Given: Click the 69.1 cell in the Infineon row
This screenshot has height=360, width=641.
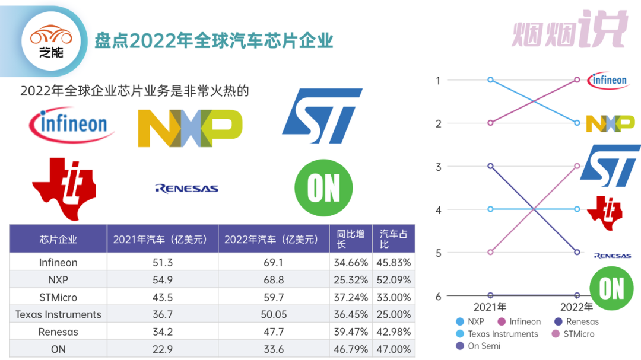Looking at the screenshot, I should pos(274,262).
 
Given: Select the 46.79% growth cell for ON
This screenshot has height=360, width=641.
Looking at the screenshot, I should pos(350,349).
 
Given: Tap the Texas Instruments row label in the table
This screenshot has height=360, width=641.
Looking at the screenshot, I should pos(58,314).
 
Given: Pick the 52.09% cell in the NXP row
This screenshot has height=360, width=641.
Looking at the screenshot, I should pos(394,279).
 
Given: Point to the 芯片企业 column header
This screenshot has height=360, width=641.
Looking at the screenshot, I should pos(58,240).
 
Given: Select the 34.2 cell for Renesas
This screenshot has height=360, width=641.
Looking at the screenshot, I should pos(163,332).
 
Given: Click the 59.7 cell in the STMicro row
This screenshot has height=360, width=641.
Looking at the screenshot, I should pos(274,297).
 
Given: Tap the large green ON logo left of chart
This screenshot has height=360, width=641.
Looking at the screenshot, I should pos(323,188).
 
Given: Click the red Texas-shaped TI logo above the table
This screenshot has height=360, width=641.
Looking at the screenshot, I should pos(64,188).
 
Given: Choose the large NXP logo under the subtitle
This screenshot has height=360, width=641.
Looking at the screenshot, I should pos(190,128).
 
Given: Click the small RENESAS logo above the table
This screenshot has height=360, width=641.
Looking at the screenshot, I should pos(186,189).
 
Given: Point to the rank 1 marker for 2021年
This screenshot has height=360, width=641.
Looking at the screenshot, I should pos(490,79).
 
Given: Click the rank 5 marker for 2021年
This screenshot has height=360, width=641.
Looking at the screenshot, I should pos(490,252).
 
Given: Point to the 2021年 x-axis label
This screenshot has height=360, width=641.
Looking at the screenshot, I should pos(490,307).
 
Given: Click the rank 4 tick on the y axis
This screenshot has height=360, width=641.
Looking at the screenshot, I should pos(439,209).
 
